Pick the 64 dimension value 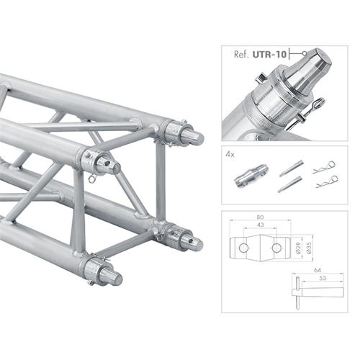click(x=316, y=271)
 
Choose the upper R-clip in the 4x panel click(x=325, y=166)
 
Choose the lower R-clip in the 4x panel click(x=326, y=182)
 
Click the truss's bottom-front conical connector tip click(x=114, y=276)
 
